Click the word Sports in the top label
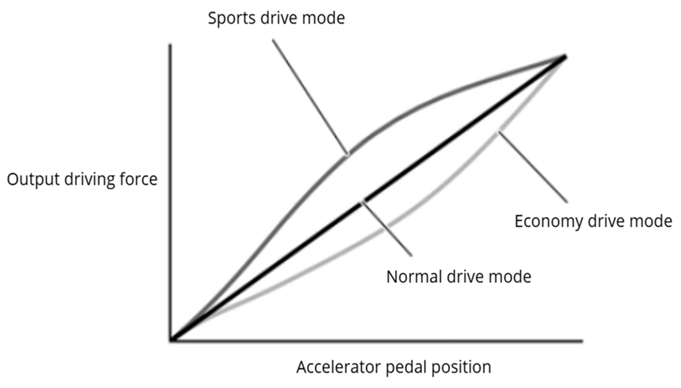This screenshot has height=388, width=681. coord(232,18)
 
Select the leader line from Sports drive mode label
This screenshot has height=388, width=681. coord(310,96)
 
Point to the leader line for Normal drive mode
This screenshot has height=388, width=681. coord(387,228)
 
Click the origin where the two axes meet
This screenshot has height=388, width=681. coord(171,341)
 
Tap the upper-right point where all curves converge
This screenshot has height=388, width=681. coord(565,57)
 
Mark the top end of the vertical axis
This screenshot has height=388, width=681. coord(170,45)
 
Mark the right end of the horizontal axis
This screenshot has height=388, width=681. coord(582,341)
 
